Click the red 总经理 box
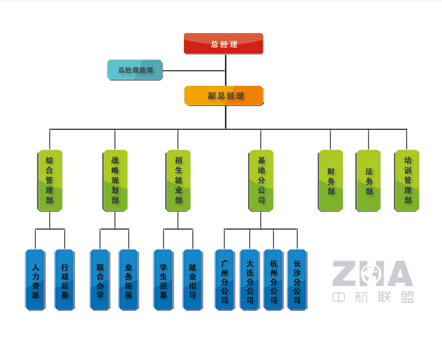click(x=223, y=44)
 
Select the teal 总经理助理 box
click(x=135, y=70)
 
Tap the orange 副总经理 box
click(x=224, y=96)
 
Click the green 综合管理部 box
click(x=50, y=180)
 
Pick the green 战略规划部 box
click(x=115, y=180)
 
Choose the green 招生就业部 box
click(x=178, y=180)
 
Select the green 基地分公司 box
click(x=261, y=180)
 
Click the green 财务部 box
click(x=330, y=180)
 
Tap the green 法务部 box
click(x=369, y=180)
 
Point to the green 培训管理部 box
click(x=407, y=180)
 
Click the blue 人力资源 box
click(x=35, y=280)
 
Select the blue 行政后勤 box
click(x=65, y=280)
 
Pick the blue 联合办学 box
click(x=100, y=280)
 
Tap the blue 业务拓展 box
click(x=129, y=280)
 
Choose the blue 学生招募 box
click(x=164, y=280)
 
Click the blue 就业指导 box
click(x=192, y=280)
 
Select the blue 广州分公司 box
click(x=224, y=280)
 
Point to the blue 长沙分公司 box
click(x=297, y=280)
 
